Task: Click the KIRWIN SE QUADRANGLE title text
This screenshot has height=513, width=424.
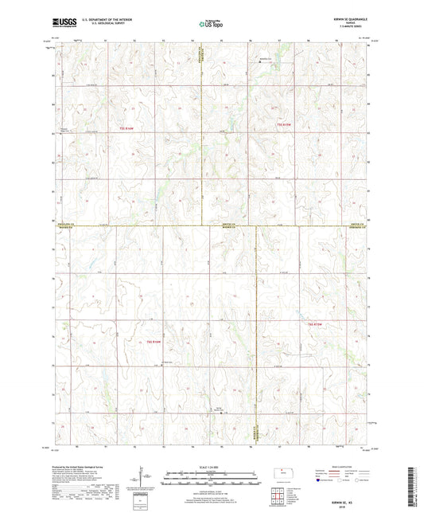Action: pos(349,21)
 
